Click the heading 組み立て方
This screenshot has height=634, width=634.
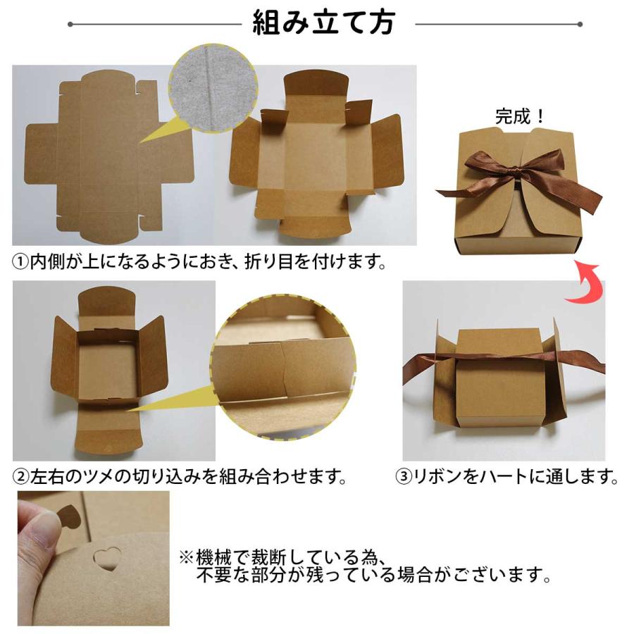324,23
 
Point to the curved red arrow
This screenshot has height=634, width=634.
587,283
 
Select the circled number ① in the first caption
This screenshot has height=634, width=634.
21,262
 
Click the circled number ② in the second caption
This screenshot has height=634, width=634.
21,477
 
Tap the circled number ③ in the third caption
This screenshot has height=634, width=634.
404,477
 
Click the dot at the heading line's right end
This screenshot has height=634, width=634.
579,25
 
